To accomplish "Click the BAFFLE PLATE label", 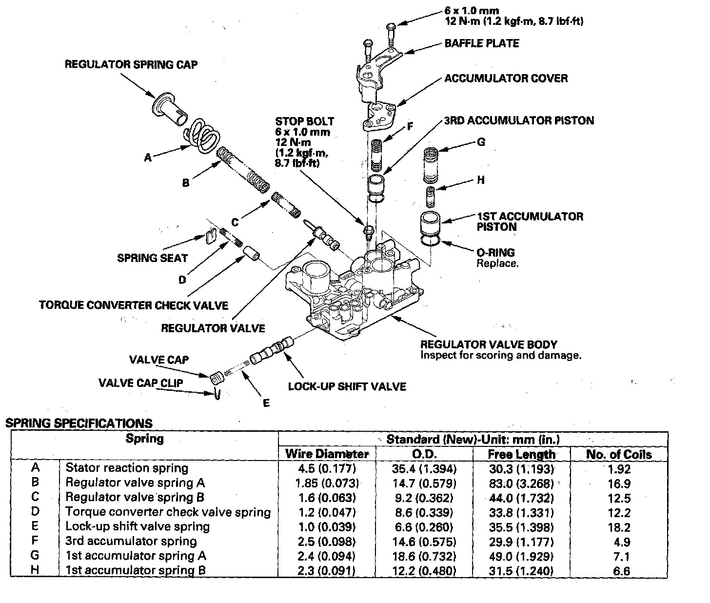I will click(x=481, y=43).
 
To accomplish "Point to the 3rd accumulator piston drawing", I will click(x=376, y=187).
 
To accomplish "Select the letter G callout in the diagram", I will click(x=481, y=142).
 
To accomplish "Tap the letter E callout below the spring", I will click(x=266, y=403).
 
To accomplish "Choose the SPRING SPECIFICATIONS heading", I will click(x=79, y=423).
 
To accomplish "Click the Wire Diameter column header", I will click(x=327, y=454).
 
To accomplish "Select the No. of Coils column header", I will click(x=618, y=454).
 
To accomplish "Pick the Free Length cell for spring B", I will click(x=521, y=483).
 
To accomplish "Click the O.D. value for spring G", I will click(x=424, y=556).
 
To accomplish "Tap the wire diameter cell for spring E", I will click(x=326, y=527).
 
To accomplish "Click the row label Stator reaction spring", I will click(x=127, y=468).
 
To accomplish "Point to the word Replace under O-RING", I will click(x=497, y=263).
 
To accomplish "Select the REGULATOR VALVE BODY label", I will click(x=489, y=344).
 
